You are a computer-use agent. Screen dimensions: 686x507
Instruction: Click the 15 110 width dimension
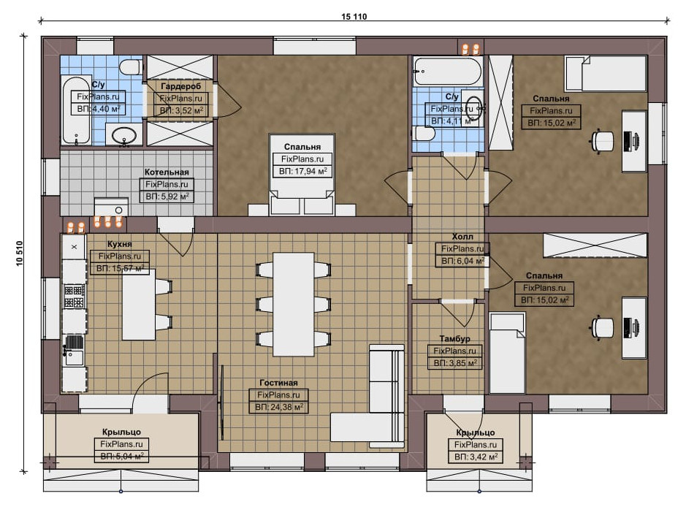(354, 17)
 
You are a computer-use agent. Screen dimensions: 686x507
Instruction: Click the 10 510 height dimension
(20, 254)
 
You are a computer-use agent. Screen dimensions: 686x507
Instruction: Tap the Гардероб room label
(180, 86)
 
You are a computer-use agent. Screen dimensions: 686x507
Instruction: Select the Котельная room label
(167, 172)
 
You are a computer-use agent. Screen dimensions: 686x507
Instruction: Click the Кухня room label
(119, 244)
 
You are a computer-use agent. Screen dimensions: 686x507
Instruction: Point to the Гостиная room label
(278, 383)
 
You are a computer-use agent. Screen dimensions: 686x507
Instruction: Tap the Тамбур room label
(454, 338)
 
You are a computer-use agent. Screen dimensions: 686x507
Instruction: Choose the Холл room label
(462, 237)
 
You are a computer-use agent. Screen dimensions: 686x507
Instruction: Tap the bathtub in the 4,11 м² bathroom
(448, 70)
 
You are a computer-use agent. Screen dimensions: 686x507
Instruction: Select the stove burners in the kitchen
(74, 297)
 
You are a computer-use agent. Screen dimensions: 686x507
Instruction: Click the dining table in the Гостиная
(294, 304)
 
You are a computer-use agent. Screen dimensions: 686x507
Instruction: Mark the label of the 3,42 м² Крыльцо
(476, 432)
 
